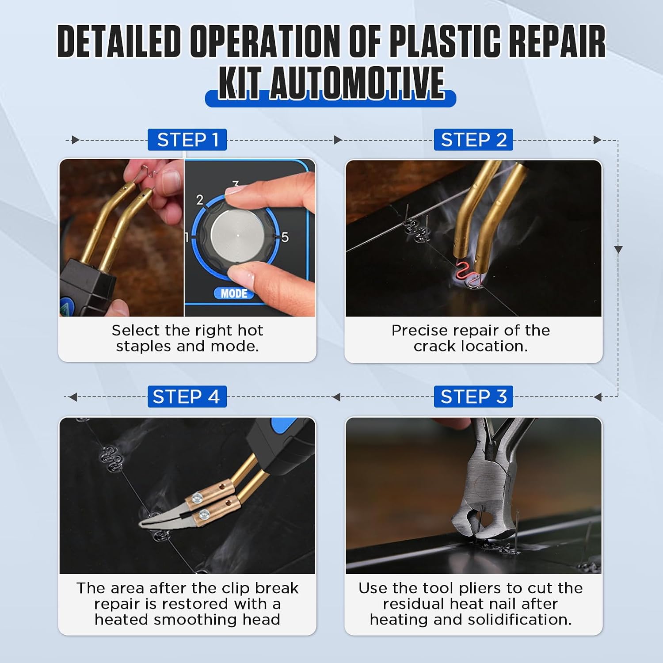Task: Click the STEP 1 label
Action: tap(187, 140)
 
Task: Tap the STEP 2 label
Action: tap(473, 140)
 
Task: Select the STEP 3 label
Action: tap(473, 396)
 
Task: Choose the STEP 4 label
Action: tap(187, 396)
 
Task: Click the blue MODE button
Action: tap(234, 293)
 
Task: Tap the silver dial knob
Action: tap(237, 234)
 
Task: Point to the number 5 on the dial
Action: tap(285, 237)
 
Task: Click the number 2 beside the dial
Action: tap(200, 200)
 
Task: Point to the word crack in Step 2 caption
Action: tap(435, 346)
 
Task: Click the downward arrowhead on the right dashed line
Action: tap(618, 249)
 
